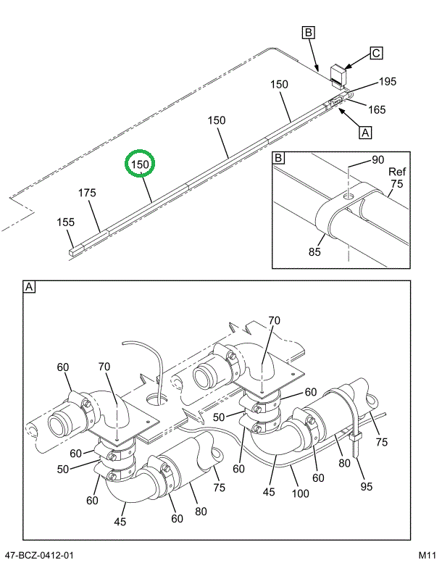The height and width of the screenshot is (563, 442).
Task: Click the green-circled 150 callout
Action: (139, 166)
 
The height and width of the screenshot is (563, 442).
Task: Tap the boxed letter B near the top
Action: (308, 33)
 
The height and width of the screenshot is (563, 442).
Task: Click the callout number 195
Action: (388, 82)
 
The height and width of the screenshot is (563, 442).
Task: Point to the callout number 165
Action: (376, 109)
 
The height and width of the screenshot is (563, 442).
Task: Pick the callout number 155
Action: (66, 222)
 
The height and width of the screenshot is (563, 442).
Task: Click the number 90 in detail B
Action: (378, 159)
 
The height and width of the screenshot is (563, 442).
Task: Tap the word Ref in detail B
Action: (396, 172)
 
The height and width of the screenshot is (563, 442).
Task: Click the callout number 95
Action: (367, 487)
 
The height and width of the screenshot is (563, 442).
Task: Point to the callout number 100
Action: (300, 494)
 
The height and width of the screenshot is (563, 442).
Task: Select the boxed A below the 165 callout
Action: (365, 133)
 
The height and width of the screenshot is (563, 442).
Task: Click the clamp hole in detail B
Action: (349, 196)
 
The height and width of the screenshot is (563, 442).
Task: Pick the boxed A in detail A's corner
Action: (30, 288)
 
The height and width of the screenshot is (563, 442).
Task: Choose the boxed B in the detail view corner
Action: (279, 157)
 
